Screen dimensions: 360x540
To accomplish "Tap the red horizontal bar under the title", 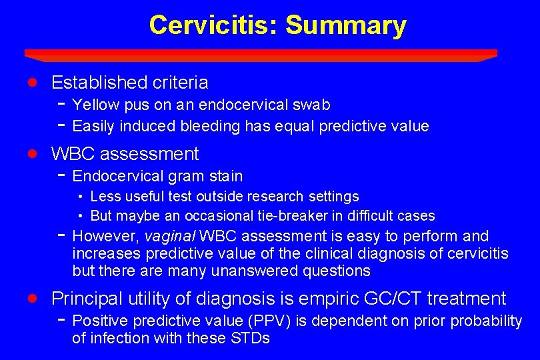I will pyautogui.click(x=261, y=54).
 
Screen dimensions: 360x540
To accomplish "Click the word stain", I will pyautogui.click(x=226, y=176).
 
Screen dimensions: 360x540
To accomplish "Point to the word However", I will pyautogui.click(x=104, y=236).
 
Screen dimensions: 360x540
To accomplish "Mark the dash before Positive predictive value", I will pyautogui.click(x=61, y=320).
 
